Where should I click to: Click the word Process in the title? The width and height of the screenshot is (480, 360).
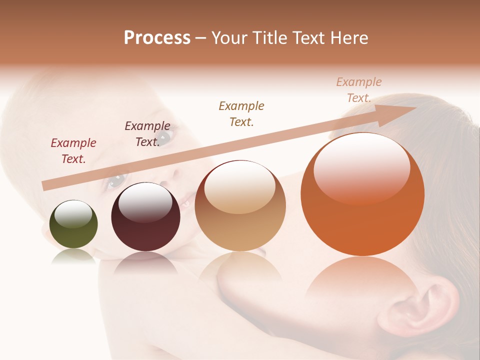click(157, 38)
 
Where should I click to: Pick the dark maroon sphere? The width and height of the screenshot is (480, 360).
click(145, 217)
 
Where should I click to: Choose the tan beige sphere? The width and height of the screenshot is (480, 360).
click(240, 206)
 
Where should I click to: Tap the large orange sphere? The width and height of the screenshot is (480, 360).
click(362, 195)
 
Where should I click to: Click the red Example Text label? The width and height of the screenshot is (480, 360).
click(73, 151)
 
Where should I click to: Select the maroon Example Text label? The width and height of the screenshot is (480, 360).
click(147, 134)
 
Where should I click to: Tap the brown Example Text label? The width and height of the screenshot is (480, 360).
click(241, 113)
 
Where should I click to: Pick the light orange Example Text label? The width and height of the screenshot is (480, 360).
click(359, 90)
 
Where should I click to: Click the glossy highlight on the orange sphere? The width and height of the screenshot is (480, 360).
click(362, 167)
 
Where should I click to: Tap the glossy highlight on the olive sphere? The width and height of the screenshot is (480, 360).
click(73, 213)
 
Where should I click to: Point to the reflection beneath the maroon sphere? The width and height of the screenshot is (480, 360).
click(145, 262)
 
